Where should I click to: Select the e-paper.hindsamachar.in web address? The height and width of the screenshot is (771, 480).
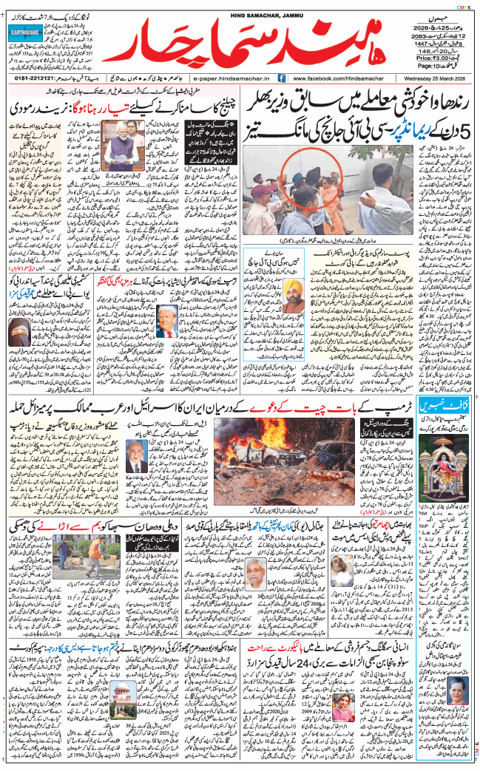(x=231, y=78)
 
